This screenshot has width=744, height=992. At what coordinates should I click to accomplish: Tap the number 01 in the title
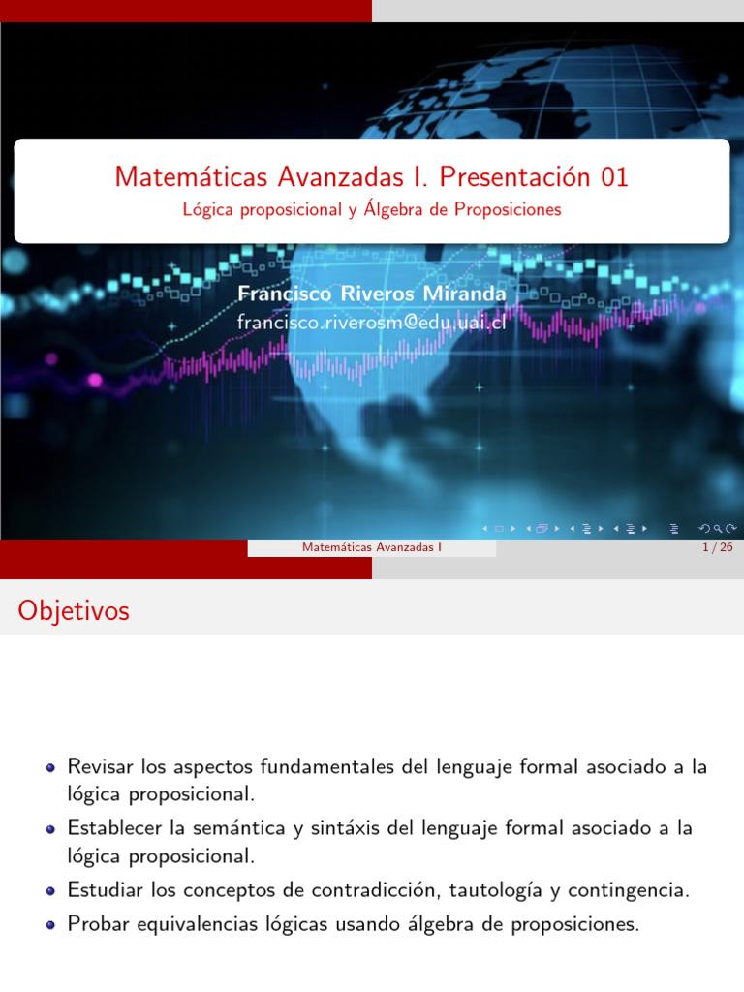(x=614, y=177)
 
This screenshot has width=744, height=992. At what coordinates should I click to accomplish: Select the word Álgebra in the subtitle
(x=397, y=209)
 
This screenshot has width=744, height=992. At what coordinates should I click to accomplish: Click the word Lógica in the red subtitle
(x=207, y=209)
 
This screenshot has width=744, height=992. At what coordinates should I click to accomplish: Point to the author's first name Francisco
(x=283, y=293)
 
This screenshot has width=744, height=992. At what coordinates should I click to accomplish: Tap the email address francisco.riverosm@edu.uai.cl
(x=371, y=322)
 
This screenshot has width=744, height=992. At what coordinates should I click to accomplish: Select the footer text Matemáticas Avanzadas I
(x=372, y=548)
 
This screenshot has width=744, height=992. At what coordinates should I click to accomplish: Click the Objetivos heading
(x=74, y=611)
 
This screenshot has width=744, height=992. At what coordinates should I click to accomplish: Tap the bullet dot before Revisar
(x=50, y=767)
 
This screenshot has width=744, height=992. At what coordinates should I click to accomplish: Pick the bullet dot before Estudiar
(x=50, y=890)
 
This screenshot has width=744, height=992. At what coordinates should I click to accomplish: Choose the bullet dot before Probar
(x=50, y=925)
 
